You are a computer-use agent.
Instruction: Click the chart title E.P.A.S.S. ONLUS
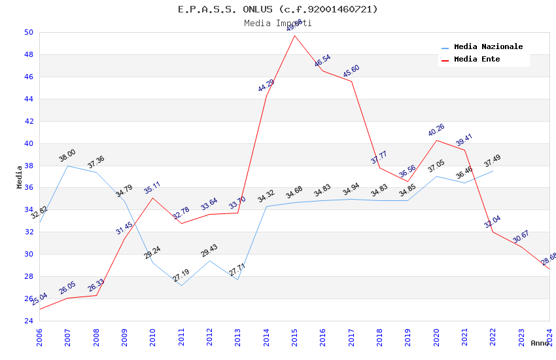[x=277, y=9]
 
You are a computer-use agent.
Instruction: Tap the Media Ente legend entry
[x=477, y=60]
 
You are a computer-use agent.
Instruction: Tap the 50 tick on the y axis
[x=28, y=32]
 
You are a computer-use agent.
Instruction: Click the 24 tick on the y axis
[x=28, y=321]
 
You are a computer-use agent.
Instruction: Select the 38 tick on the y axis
[x=28, y=166]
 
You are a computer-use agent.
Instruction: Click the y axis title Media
[x=20, y=177]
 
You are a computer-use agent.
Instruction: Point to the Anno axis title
[x=540, y=343]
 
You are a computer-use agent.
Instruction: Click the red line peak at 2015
[x=294, y=35]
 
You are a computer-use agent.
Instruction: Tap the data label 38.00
[x=67, y=156]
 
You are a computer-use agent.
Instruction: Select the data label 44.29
[x=266, y=85]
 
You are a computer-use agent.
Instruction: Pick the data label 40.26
[x=436, y=130]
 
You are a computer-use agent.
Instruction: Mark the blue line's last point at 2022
[x=493, y=171]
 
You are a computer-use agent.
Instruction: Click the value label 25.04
[x=39, y=300]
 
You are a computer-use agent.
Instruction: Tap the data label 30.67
[x=521, y=236]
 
